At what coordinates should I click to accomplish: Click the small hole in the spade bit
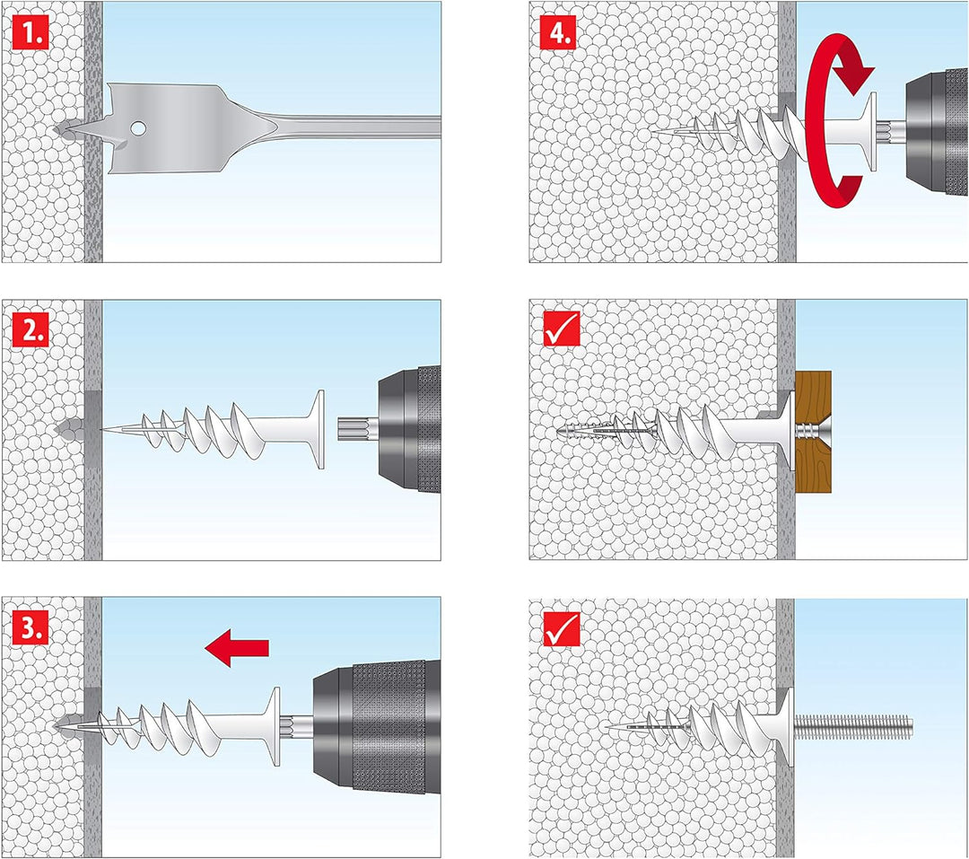coord(137,129)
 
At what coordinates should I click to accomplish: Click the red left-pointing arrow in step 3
coord(236,646)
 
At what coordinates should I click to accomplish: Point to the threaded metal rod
coord(852,723)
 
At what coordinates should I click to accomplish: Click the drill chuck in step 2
coord(408,429)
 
